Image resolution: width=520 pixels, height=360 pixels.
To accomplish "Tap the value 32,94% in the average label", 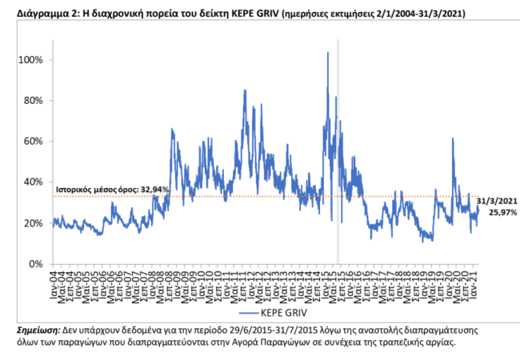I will [x=154, y=189].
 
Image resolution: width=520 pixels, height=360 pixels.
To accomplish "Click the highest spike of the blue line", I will [x=328, y=54].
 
